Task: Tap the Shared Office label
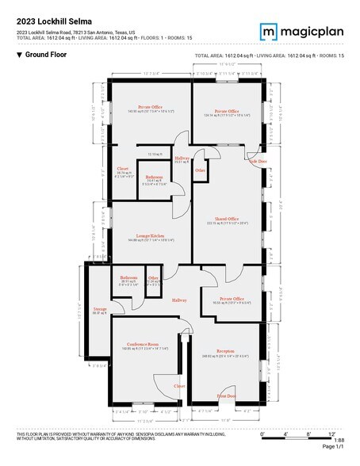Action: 227,219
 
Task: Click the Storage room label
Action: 99,309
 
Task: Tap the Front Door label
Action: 226,395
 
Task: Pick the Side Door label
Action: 258,161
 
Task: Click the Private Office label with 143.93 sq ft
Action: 151,107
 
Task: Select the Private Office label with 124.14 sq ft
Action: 227,112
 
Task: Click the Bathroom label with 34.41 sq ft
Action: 155,177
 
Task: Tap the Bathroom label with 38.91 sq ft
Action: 129,278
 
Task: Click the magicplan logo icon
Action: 269,31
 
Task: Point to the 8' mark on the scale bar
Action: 308,434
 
